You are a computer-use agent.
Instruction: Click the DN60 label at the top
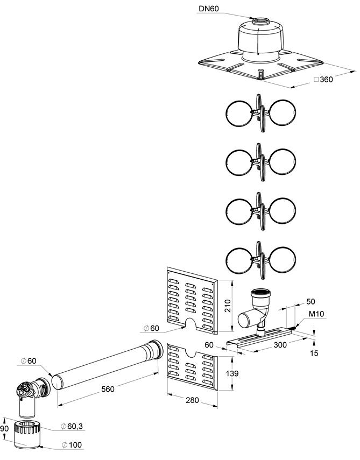pos(209,9)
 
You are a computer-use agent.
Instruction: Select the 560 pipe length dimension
pos(108,389)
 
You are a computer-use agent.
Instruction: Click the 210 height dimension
pos(228,306)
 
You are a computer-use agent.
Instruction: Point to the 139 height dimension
pos(232,373)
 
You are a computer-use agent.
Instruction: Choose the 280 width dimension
pos(192,400)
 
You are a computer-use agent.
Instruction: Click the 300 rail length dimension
pos(280,345)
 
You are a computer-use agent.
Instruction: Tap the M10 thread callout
pos(316,314)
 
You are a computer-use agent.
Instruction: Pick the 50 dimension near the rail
pos(310,302)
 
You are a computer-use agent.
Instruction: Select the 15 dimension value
pos(314,353)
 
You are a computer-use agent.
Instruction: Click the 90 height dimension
pos(4,429)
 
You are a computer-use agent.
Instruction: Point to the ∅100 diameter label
pos(72,445)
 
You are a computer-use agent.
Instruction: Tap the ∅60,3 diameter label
pos(72,426)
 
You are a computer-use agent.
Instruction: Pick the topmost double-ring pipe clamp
pos(261,113)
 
